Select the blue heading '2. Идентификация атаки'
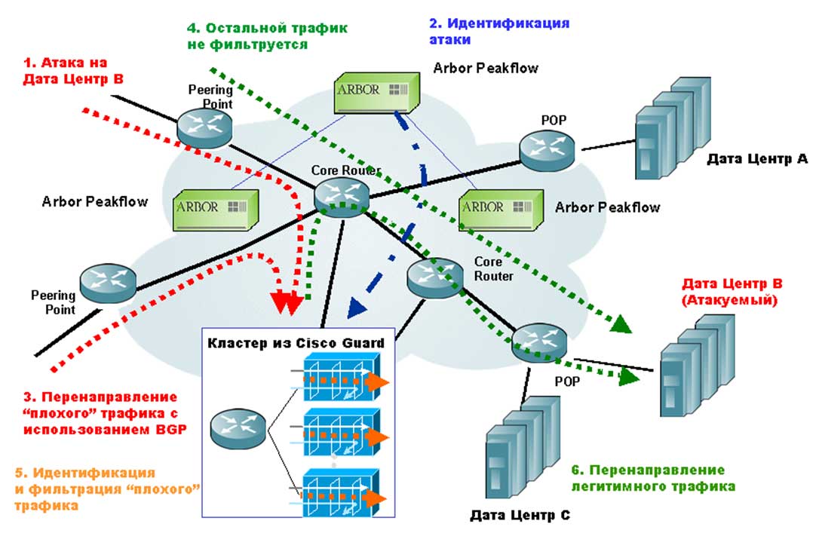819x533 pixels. click(493, 30)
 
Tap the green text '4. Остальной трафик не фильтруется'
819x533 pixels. click(267, 35)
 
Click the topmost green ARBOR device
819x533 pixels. click(375, 92)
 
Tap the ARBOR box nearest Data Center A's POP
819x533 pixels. click(501, 208)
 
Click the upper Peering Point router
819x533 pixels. click(204, 124)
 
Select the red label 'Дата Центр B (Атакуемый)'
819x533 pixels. click(732, 292)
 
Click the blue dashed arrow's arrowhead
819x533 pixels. click(354, 308)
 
